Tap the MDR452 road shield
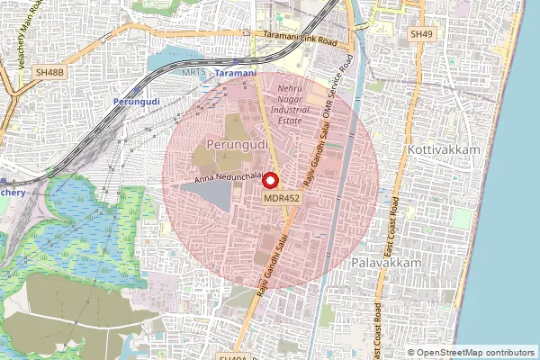[x=282, y=197]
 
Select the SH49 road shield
[x=420, y=34]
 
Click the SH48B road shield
[x=49, y=69]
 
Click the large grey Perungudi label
[x=237, y=144]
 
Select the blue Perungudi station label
[x=137, y=102]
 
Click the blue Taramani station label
[x=237, y=72]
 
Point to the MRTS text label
[x=193, y=71]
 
